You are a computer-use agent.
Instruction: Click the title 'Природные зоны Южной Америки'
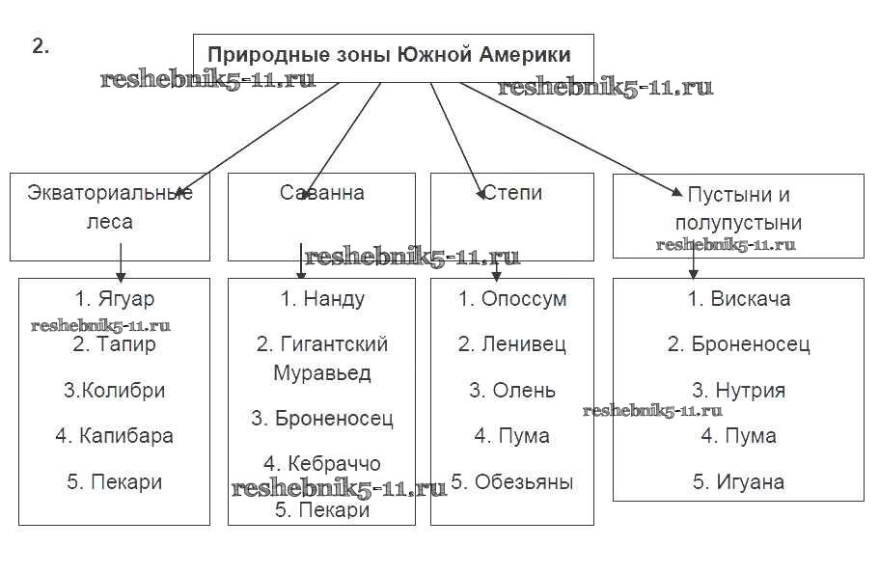[x=389, y=55]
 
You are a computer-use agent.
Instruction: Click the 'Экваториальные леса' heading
[x=110, y=206]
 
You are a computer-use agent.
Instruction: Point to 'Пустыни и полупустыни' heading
[x=738, y=208]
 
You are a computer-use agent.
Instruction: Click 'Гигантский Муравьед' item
[x=322, y=357]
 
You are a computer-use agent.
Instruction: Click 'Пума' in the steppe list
[x=512, y=436]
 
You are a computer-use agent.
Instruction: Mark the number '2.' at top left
[x=41, y=46]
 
